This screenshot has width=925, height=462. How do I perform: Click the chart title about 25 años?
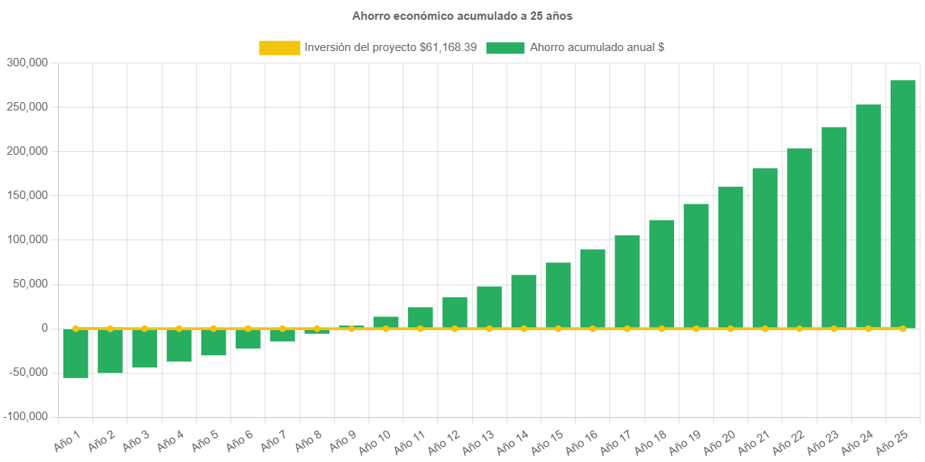point(462,15)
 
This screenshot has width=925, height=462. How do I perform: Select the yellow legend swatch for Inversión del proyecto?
point(279,48)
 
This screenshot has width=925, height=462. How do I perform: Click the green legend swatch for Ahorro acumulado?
point(505,48)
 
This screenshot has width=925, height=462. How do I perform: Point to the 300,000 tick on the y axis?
point(27,63)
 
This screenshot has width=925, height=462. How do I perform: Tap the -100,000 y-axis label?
point(26,417)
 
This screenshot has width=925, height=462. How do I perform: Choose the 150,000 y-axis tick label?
point(27,196)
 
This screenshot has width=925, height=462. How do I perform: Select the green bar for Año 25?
point(903,204)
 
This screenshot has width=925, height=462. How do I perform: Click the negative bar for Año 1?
point(75,353)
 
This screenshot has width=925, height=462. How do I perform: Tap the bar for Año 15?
point(558,295)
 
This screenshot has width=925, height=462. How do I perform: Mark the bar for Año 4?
point(179,345)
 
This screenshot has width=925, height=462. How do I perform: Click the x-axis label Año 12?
point(445,440)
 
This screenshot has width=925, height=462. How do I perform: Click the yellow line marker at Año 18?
point(661,329)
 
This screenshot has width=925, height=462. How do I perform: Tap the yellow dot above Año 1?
point(75,329)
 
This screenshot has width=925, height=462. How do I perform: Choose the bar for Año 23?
point(833,227)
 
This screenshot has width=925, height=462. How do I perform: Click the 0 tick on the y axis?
point(45,329)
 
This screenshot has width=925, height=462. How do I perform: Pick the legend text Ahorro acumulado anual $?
point(596,47)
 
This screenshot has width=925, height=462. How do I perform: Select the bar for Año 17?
point(627,281)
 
